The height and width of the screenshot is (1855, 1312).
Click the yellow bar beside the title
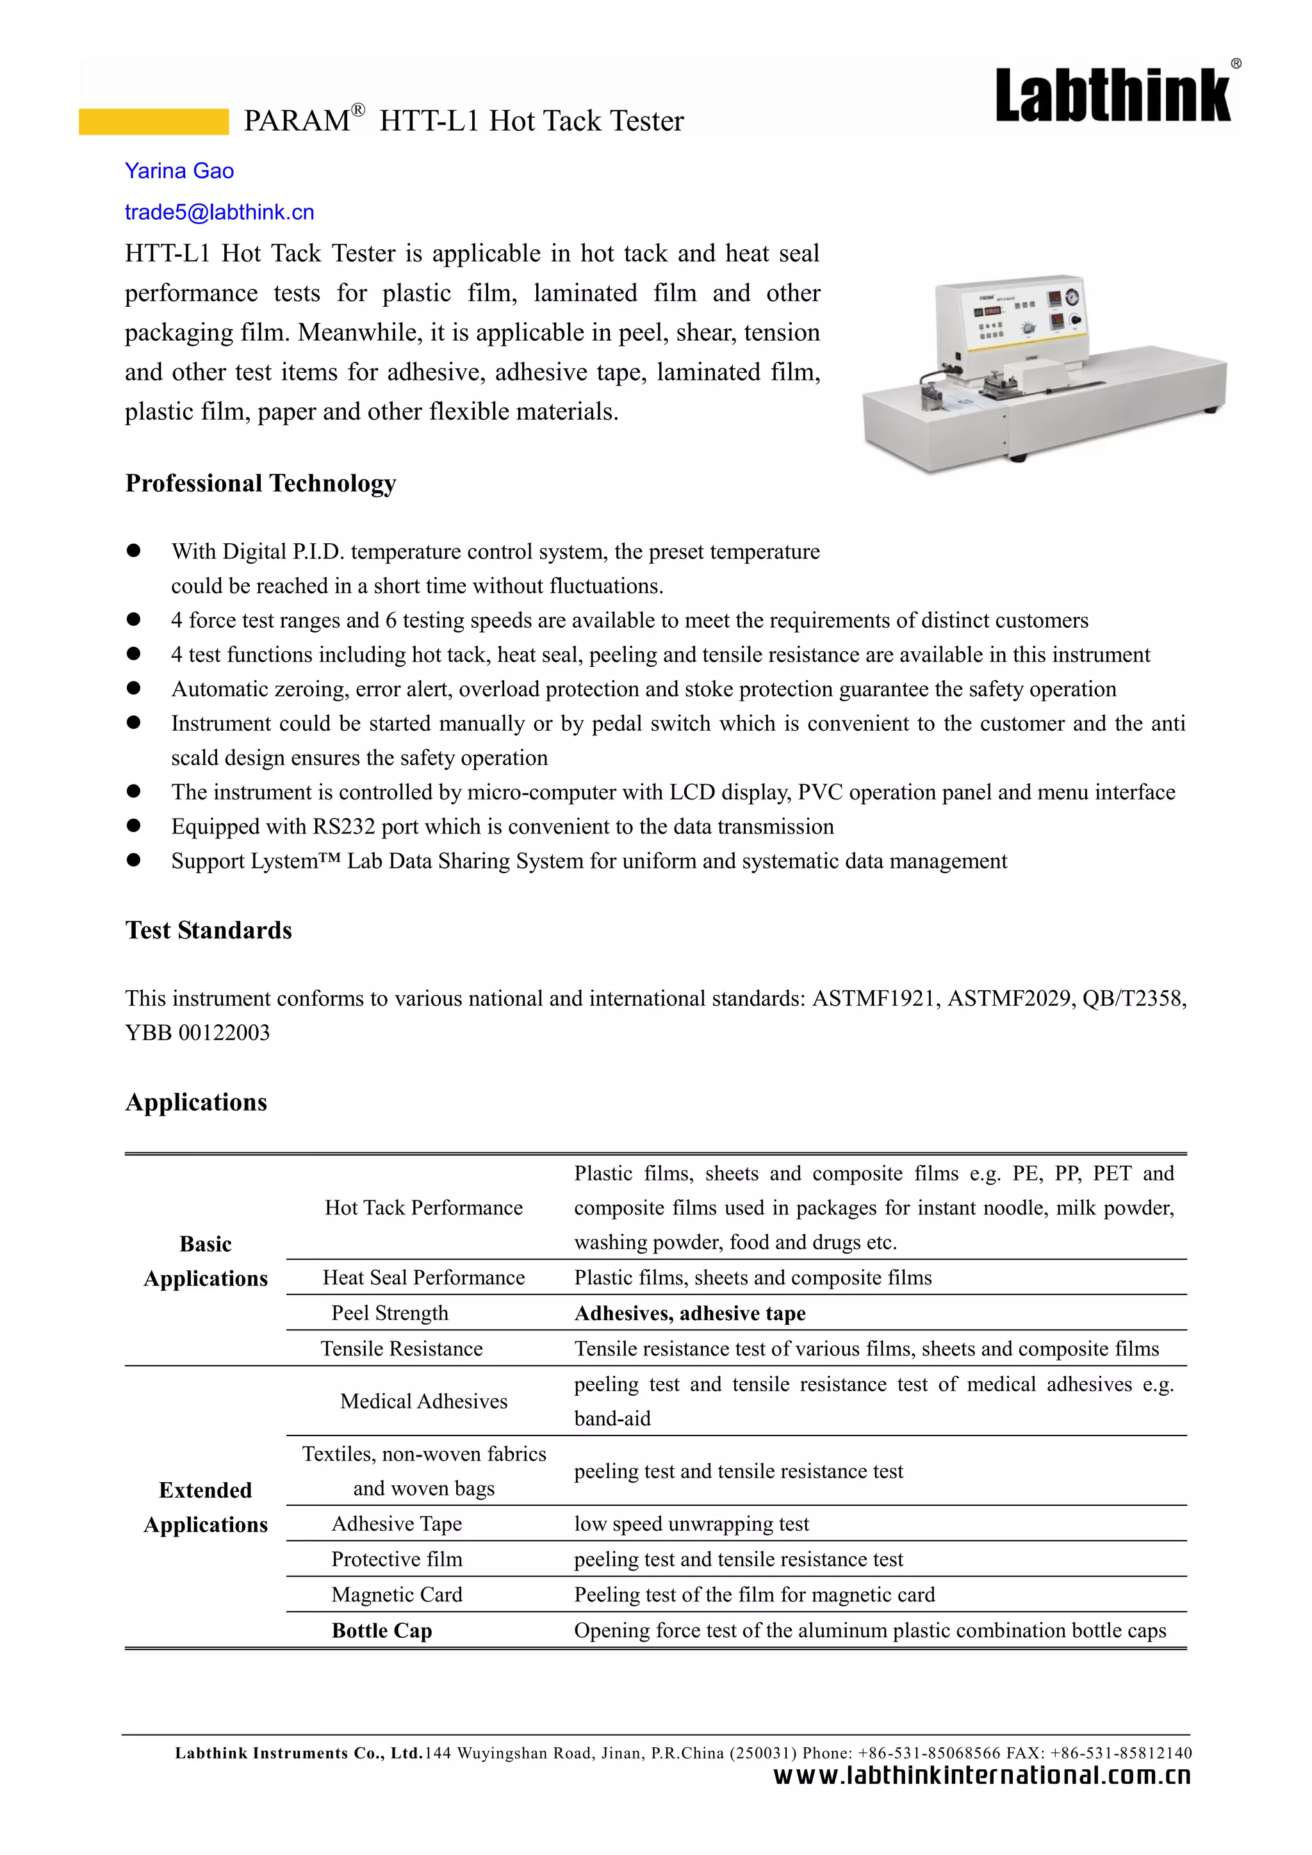pyautogui.click(x=154, y=122)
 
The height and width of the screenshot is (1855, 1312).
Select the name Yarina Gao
pyautogui.click(x=179, y=171)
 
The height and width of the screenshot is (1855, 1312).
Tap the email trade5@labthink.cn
pyautogui.click(x=219, y=213)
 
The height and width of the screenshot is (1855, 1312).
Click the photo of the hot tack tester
pyautogui.click(x=1042, y=372)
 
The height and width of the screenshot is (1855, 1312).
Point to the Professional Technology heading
pyautogui.click(x=260, y=483)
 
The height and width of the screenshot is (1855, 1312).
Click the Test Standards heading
pyautogui.click(x=208, y=930)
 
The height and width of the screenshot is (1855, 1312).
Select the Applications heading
pyautogui.click(x=195, y=1102)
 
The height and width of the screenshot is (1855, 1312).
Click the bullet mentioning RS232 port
pyautogui.click(x=502, y=826)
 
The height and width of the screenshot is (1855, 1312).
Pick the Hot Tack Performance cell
pyautogui.click(x=423, y=1208)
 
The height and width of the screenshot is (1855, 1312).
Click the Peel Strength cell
pyautogui.click(x=389, y=1313)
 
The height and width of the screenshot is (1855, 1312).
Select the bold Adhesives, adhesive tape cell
pyautogui.click(x=689, y=1313)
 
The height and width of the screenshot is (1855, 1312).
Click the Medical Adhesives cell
pyautogui.click(x=423, y=1401)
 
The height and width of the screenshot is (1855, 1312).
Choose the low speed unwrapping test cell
pyautogui.click(x=691, y=1524)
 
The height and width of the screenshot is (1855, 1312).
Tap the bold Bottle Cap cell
pyautogui.click(x=381, y=1630)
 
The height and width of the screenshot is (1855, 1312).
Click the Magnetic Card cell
pyautogui.click(x=397, y=1595)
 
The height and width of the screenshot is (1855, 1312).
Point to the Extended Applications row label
pyautogui.click(x=205, y=1507)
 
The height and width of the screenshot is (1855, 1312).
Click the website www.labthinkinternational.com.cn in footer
pyautogui.click(x=981, y=1776)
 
